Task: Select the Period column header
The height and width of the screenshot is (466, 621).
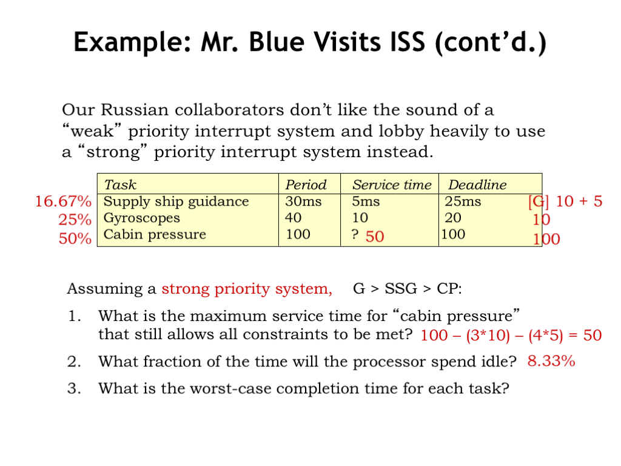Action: coord(306,184)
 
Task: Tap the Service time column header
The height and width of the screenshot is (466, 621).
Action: coord(392,184)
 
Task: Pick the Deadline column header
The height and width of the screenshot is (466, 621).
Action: coord(477,184)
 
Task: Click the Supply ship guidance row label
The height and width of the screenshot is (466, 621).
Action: coord(176,201)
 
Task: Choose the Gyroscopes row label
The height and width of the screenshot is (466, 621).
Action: coord(142,218)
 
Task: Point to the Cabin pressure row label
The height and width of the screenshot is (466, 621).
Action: coord(155,235)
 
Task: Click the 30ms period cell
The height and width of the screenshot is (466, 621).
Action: coord(303,201)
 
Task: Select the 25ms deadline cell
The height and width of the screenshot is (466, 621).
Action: coord(463,201)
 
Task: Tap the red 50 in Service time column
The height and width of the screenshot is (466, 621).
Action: coord(375,237)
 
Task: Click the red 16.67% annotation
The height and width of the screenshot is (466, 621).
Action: coord(63,201)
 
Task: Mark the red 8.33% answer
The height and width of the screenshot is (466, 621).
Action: coord(551,361)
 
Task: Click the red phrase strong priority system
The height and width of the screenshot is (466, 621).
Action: coord(247,289)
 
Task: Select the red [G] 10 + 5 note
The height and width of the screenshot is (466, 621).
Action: coord(565,201)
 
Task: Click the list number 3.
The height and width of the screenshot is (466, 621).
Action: coord(74,388)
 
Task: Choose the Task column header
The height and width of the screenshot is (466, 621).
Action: coord(120,184)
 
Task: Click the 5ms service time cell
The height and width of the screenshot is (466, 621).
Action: coord(366,201)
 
